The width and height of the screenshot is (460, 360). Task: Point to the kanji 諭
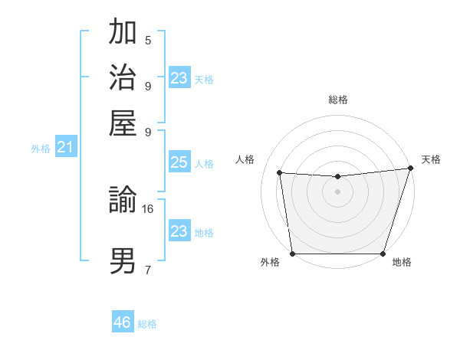(123, 201)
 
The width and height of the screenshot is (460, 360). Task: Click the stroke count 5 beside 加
(148, 41)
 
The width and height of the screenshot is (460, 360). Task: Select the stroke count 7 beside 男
(148, 269)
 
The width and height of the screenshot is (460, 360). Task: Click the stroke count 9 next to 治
(148, 86)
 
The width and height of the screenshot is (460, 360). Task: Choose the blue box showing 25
(179, 163)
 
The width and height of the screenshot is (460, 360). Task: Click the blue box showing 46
(123, 322)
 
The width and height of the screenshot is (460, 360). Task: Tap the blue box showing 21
(65, 146)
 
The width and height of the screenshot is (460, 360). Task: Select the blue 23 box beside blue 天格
(179, 78)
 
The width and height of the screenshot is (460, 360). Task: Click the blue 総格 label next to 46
(147, 324)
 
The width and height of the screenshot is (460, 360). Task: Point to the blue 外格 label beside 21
(40, 149)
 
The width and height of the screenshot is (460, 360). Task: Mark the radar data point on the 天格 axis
(411, 169)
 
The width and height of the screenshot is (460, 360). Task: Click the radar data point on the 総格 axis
(337, 177)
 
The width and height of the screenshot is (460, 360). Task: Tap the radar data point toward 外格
(292, 254)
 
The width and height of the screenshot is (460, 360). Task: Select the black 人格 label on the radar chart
(245, 159)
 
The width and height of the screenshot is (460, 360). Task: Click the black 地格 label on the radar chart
(402, 263)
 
